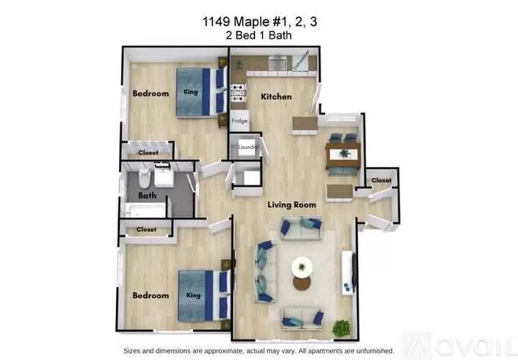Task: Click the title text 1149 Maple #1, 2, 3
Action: tap(260, 22)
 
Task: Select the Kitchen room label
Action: tap(276, 96)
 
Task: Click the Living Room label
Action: tap(292, 205)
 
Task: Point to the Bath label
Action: tap(147, 196)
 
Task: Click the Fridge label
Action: tap(239, 122)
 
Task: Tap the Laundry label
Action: tap(248, 147)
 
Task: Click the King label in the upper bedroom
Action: tap(191, 91)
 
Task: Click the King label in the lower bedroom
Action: tap(192, 294)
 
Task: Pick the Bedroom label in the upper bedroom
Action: tap(151, 94)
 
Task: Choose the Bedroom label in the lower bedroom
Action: tap(151, 295)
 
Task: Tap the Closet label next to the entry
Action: tap(381, 180)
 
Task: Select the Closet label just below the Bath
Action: tap(146, 229)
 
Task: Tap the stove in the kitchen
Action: tap(238, 91)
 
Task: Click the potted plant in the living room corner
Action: tap(341, 328)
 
